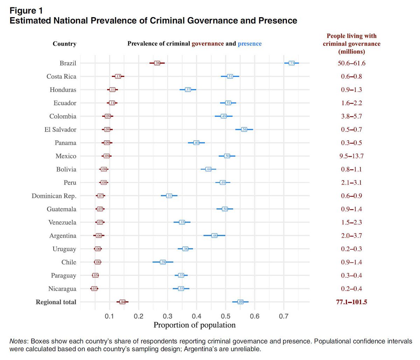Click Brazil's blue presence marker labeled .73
(x=292, y=63)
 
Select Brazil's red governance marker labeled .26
(x=157, y=63)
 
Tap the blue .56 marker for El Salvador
(x=244, y=129)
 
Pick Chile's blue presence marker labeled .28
(x=163, y=262)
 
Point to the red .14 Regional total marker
(x=122, y=302)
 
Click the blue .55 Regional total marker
(x=240, y=302)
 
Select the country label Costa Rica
(x=61, y=77)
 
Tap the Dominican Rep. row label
(x=54, y=196)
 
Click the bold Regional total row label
(x=56, y=302)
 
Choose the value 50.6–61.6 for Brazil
(x=351, y=63)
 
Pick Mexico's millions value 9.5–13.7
(x=351, y=156)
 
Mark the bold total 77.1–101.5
(x=351, y=302)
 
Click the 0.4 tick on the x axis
(x=197, y=317)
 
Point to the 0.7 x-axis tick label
(x=284, y=317)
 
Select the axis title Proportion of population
(x=195, y=325)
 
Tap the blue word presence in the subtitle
(x=250, y=44)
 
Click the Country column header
(x=64, y=44)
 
